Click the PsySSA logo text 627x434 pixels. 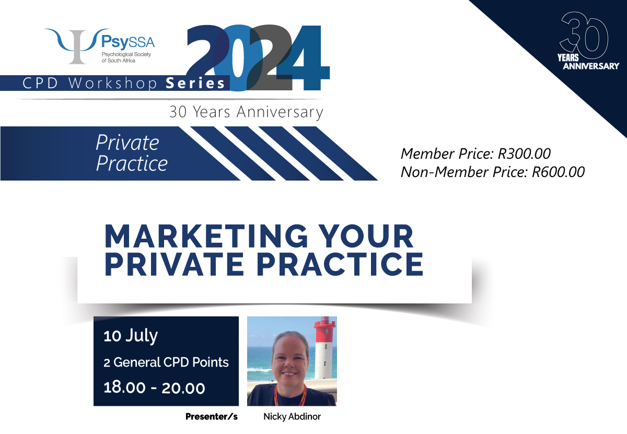(128, 42)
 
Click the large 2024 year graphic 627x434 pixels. (258, 58)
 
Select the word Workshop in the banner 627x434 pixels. (113, 84)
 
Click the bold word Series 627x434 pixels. (195, 84)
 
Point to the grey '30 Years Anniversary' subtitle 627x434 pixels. (246, 112)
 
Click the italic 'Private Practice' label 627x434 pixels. (132, 153)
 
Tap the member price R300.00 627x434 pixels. (524, 154)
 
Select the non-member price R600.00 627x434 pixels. (558, 172)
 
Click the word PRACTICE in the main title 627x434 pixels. (340, 264)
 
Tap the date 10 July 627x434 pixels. (131, 336)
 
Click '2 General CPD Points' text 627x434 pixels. (166, 362)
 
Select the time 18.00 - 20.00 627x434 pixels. (154, 388)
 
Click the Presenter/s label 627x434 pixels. (212, 417)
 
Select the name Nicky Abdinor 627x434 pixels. (292, 417)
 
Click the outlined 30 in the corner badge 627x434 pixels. (584, 36)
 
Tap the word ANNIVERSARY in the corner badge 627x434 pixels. (591, 66)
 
